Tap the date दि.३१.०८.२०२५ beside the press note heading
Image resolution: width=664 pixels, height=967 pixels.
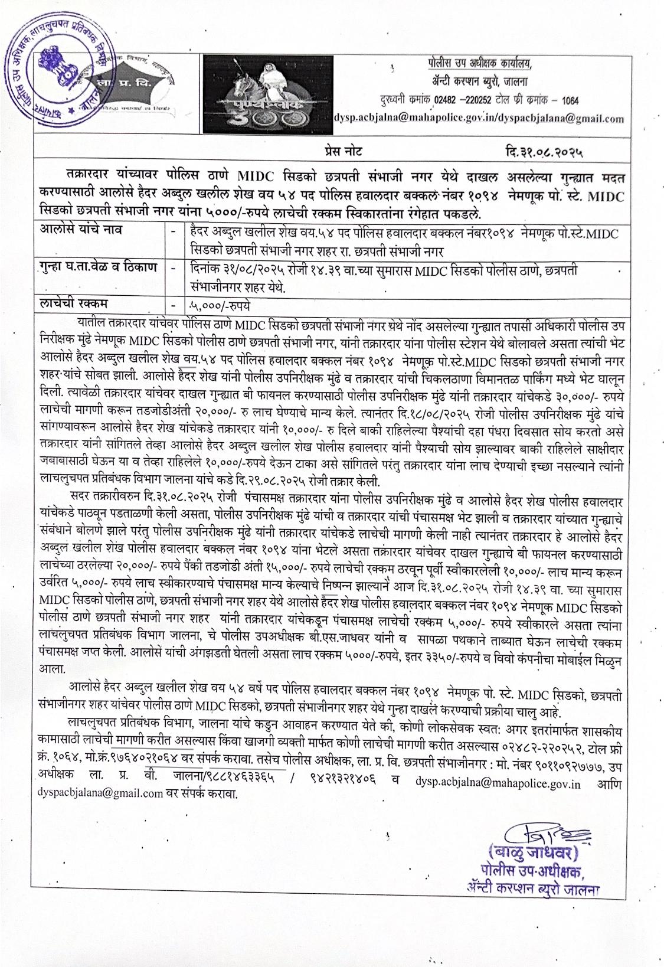click(x=545, y=151)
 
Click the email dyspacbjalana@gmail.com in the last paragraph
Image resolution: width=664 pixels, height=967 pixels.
click(x=99, y=793)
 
